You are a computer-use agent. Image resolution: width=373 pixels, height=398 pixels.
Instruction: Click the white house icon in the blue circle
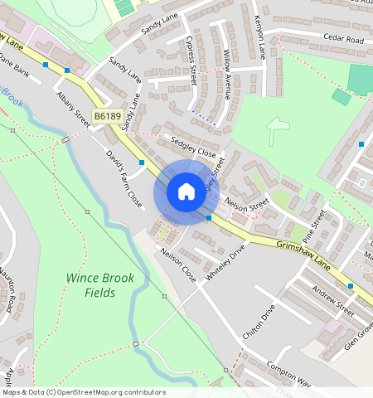tap(186, 192)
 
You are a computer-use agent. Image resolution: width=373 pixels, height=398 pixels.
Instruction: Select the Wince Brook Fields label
tap(93, 285)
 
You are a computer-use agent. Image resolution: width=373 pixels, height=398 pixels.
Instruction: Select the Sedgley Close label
tap(194, 147)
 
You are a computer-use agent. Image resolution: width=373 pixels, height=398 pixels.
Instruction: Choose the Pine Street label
tap(313, 226)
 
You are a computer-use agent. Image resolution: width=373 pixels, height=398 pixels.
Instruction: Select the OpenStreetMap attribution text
tap(83, 392)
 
